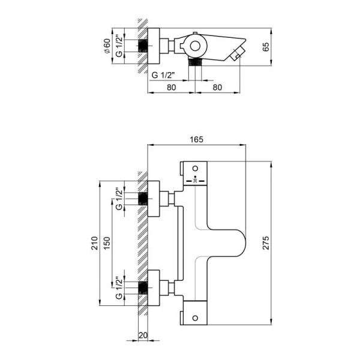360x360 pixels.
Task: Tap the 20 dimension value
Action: click(142, 335)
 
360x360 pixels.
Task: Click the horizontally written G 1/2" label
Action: click(163, 75)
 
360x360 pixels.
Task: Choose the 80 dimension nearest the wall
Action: click(172, 86)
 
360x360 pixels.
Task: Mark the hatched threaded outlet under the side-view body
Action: click(195, 63)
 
